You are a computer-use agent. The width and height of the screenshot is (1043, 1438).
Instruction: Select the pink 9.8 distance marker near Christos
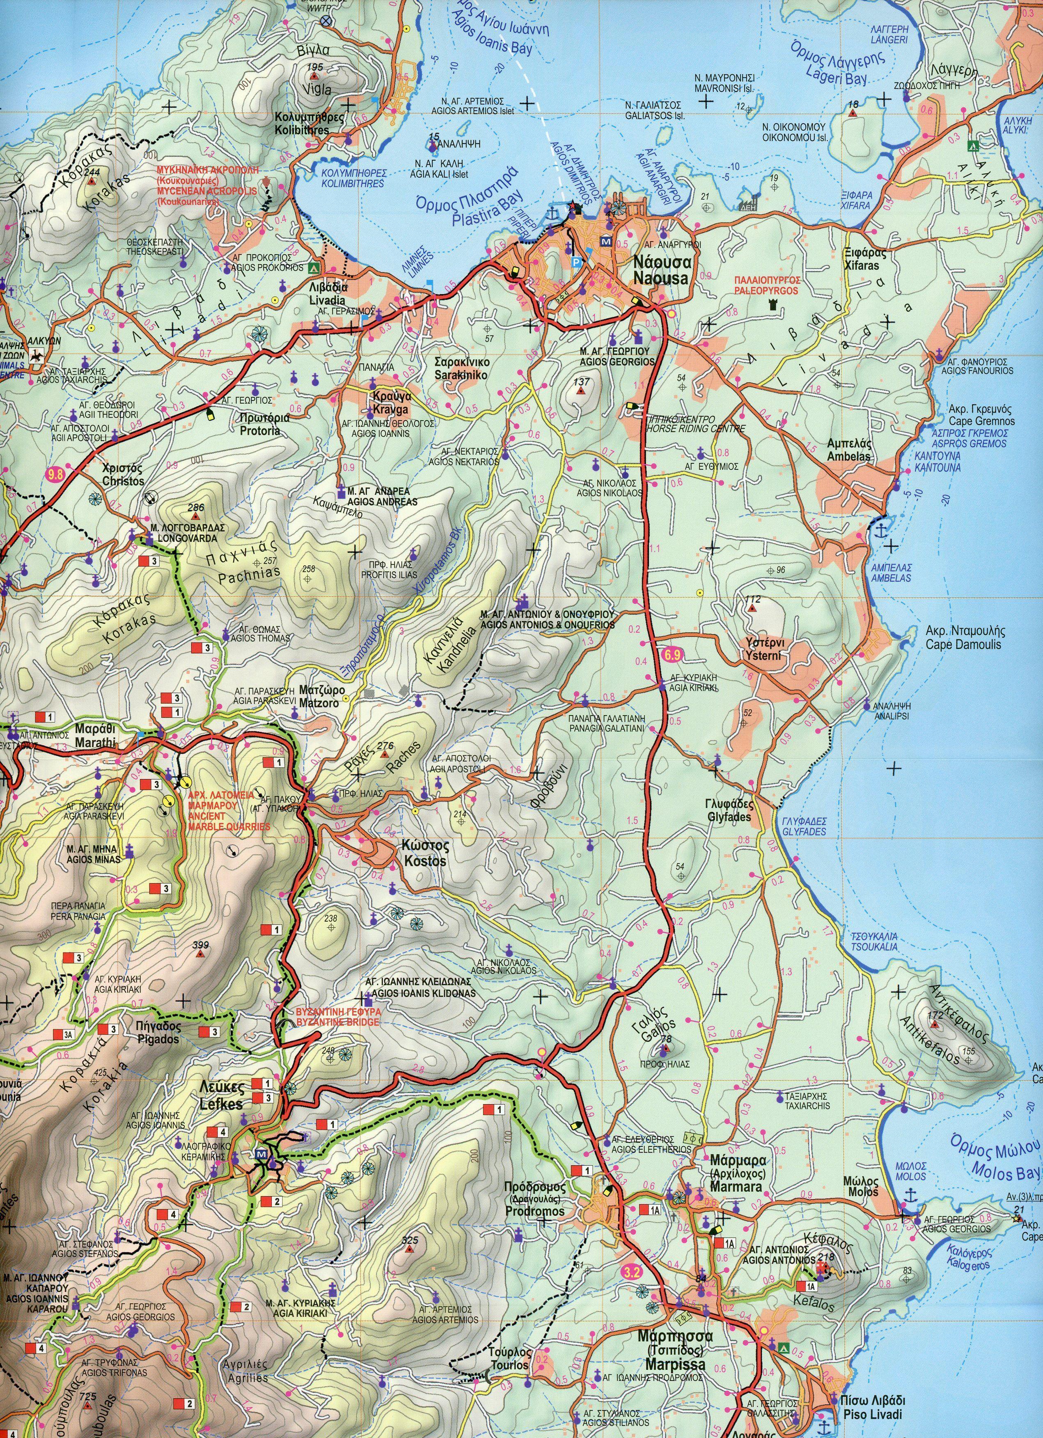point(55,473)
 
